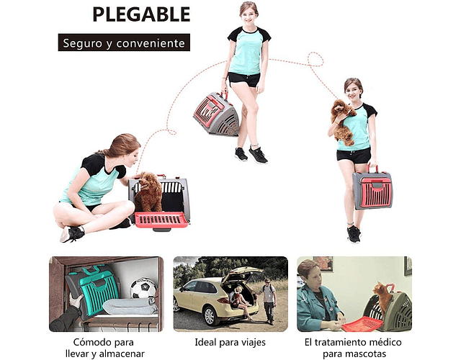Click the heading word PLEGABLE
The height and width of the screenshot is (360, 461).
click(141, 14)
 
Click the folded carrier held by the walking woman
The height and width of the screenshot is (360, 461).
click(216, 114)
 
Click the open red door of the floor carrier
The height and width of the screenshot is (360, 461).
click(161, 220)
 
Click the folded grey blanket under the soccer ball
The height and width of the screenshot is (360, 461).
click(130, 305)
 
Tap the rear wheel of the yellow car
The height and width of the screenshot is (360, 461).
click(210, 315)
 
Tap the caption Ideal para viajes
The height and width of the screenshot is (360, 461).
click(230, 343)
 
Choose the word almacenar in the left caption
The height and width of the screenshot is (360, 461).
click(122, 354)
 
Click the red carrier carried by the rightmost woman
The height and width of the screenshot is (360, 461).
click(373, 189)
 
